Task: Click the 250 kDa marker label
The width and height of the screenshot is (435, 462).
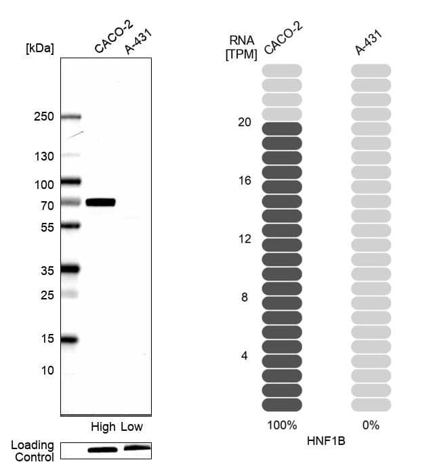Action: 44,117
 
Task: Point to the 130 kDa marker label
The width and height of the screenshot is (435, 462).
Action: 44,156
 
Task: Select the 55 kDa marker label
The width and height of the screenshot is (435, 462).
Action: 47,228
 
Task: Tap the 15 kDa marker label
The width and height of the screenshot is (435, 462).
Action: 47,339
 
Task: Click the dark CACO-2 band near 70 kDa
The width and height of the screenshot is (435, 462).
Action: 100,202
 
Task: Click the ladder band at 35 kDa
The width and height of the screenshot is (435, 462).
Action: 70,269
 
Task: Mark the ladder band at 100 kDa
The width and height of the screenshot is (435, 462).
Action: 70,181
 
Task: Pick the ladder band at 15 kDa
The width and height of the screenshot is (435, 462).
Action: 70,339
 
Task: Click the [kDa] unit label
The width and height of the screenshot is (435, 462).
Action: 39,48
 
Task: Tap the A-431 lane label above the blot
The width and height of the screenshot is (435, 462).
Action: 138,42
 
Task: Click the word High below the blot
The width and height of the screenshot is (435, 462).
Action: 104,427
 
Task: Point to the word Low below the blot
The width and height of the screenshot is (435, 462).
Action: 132,427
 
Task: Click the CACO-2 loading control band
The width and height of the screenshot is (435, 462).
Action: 102,449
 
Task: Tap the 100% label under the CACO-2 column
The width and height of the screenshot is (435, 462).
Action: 282,425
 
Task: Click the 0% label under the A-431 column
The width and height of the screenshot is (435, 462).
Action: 371,425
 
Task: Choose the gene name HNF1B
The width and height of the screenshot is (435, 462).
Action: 327,440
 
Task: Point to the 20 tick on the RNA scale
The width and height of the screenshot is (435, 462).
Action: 245,123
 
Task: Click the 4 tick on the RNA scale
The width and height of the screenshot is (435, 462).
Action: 245,356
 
